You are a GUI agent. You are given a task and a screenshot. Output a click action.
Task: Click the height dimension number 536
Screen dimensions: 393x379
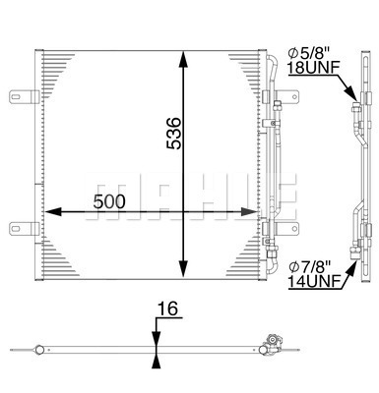173,131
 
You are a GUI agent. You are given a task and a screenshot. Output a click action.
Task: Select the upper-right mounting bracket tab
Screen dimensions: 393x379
287,99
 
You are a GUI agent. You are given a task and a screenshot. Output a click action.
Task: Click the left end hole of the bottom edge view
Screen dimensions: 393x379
37,349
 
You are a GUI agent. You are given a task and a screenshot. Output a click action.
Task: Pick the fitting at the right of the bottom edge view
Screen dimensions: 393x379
267,345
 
